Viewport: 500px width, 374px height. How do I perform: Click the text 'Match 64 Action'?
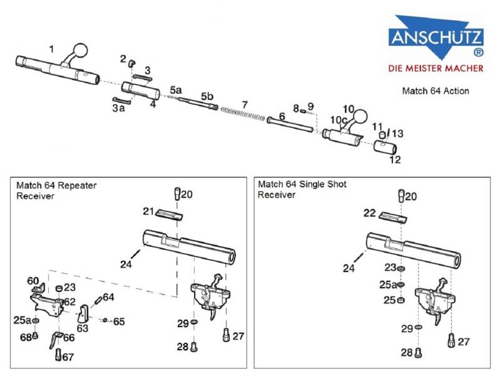(x=435, y=91)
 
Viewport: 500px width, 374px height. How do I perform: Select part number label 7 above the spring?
(x=245, y=104)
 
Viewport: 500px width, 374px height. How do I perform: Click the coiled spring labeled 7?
(x=245, y=114)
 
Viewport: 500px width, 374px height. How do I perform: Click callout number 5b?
(x=207, y=96)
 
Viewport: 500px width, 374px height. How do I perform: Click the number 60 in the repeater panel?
(x=33, y=281)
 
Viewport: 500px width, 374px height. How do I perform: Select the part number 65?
(x=118, y=321)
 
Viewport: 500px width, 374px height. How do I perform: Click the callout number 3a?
(x=118, y=108)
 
